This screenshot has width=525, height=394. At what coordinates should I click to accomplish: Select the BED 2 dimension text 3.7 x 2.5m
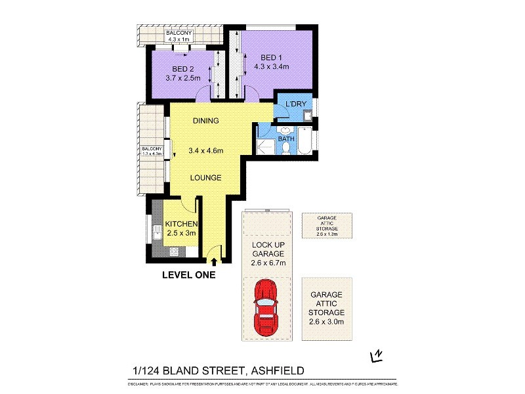tap(183, 78)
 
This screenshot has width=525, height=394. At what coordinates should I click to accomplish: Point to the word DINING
tap(205, 121)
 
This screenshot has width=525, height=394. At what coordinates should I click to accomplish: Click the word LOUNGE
tap(205, 177)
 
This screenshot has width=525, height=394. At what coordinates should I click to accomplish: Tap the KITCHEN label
tap(180, 224)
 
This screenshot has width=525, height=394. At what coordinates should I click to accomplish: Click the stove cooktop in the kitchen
tap(175, 252)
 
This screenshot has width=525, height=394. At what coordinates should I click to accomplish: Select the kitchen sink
tap(157, 232)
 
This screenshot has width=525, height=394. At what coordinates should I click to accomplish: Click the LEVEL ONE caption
tap(189, 276)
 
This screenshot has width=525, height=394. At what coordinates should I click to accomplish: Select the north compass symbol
tap(376, 356)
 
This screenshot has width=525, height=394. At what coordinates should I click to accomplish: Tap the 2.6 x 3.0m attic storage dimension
tap(326, 321)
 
